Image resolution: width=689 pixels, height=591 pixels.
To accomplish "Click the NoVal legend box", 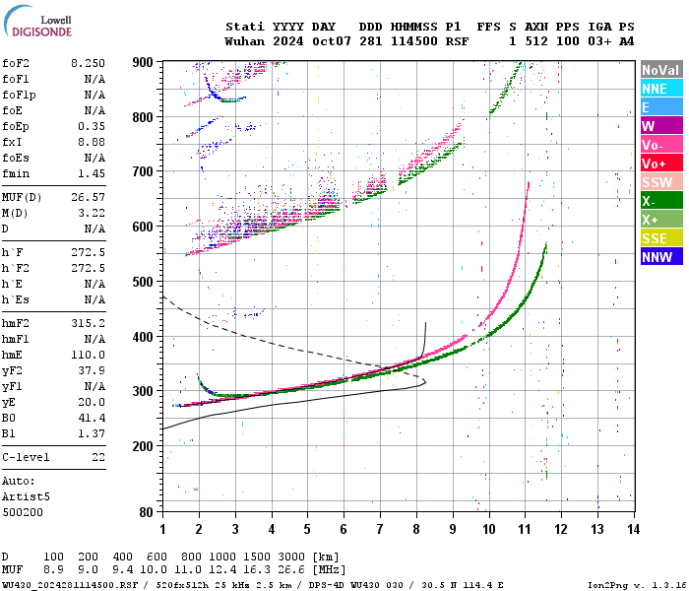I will [x=660, y=70].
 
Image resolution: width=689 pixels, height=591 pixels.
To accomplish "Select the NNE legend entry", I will [x=660, y=89].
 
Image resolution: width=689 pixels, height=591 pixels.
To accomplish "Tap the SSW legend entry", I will [x=660, y=182].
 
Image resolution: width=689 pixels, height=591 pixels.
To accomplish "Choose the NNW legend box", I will [x=660, y=257].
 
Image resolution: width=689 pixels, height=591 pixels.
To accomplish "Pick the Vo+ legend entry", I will [x=660, y=164].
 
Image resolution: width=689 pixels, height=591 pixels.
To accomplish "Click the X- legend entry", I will [x=660, y=201].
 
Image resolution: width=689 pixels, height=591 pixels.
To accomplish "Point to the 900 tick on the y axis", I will [x=143, y=62].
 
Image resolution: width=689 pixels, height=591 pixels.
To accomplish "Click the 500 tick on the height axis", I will [x=143, y=282].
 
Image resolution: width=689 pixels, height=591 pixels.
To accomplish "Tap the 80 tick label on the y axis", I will [x=146, y=511].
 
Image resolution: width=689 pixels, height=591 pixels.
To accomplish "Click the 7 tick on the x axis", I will [x=380, y=529].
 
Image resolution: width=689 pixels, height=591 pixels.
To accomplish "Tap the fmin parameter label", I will [x=15, y=173].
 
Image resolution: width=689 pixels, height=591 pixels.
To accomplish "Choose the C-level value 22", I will [x=98, y=458].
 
